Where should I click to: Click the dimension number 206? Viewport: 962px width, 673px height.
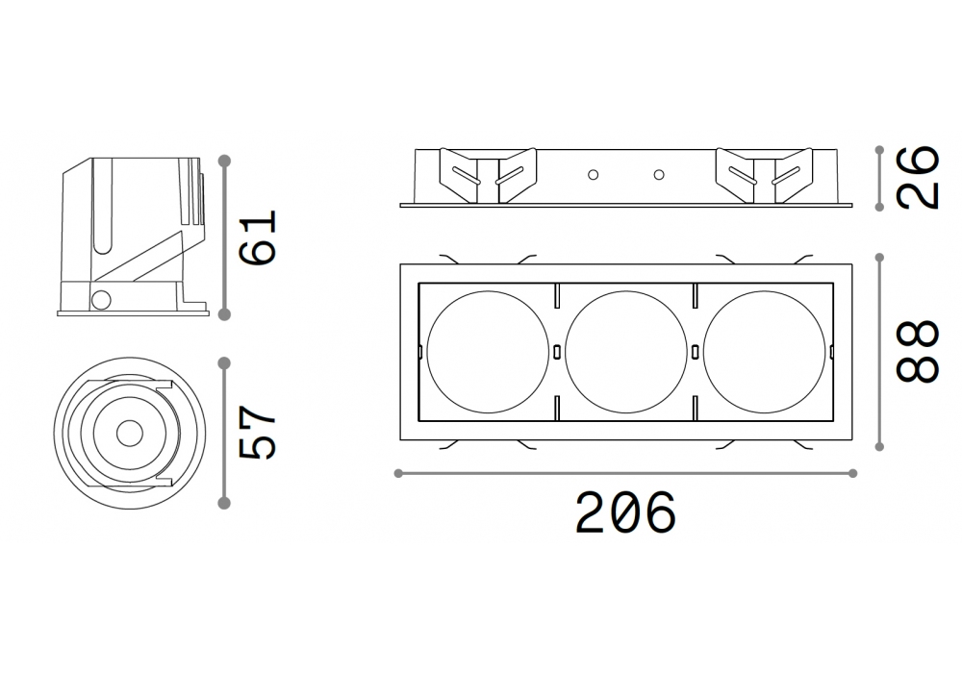pos(625,511)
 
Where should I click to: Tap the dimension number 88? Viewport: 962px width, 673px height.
pos(918,351)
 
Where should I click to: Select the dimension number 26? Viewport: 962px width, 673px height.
pos(918,177)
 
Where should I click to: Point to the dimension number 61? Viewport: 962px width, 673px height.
pos(258,237)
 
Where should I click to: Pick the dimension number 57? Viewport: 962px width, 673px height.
pos(258,432)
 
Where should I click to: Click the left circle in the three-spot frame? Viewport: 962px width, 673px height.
pos(488,351)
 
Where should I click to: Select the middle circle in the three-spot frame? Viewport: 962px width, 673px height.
pos(626,351)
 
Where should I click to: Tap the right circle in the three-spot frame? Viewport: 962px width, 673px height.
pos(765,351)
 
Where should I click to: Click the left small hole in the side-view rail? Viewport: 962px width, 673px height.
pos(593,175)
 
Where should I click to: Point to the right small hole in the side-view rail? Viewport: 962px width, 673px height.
pos(659,175)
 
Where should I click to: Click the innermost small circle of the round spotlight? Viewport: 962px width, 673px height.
pos(129,434)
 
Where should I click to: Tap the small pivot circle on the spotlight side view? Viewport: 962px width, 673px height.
pos(101,300)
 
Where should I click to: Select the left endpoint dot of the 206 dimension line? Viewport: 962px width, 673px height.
pos(398,473)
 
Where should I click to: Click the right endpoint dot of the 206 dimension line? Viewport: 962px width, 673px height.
pos(852,473)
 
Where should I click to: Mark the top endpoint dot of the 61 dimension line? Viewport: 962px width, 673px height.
pos(224,161)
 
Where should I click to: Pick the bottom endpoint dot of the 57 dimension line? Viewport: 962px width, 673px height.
pos(224,503)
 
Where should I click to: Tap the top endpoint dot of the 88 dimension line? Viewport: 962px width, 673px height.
pos(879,258)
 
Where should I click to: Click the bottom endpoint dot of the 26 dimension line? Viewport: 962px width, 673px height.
pos(879,207)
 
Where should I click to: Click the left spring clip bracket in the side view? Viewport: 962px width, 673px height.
pos(489,175)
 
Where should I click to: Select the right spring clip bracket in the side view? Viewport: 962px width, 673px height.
pos(765,175)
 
